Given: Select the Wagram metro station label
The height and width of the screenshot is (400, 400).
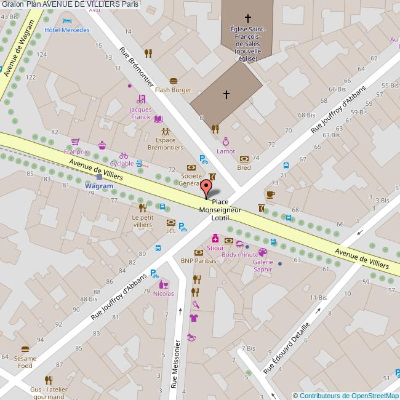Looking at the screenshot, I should (98, 186).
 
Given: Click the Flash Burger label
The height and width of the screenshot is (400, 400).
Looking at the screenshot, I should (173, 90).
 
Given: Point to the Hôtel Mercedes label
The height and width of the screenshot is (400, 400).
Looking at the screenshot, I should (67, 30).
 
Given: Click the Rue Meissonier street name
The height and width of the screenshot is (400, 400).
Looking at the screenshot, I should (177, 365).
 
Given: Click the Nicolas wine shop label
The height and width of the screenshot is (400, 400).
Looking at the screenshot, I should (163, 294).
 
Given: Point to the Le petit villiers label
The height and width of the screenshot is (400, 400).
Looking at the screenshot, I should (142, 222).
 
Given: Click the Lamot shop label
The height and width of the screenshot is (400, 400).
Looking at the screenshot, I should (225, 151).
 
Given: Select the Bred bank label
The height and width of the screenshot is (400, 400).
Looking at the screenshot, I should (244, 167).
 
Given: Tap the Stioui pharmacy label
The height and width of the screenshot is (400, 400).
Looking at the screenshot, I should (215, 248).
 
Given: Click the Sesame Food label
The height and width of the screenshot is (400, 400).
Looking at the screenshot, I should (25, 362).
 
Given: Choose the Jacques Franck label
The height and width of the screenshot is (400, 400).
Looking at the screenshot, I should (140, 113).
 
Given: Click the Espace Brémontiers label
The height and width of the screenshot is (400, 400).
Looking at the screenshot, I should (165, 144).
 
